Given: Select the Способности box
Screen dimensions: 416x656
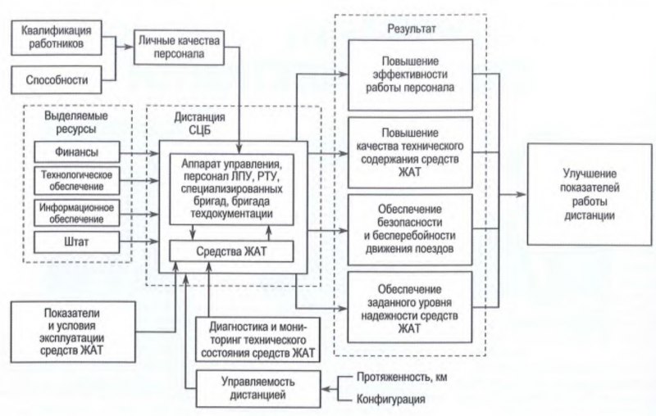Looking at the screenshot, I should pos(62,79).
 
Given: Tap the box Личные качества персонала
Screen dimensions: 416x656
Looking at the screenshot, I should pos(178,47).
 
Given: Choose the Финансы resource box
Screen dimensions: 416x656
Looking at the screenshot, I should pos(79,152).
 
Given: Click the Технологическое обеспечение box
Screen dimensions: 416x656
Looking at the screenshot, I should pos(79,181).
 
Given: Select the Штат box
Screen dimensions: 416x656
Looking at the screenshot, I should pos(79,242).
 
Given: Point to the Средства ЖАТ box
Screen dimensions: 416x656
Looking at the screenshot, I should pos(231,250).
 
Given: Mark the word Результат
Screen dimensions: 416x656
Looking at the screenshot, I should pos(411,29).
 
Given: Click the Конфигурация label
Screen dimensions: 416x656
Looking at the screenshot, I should pos(390,400).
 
